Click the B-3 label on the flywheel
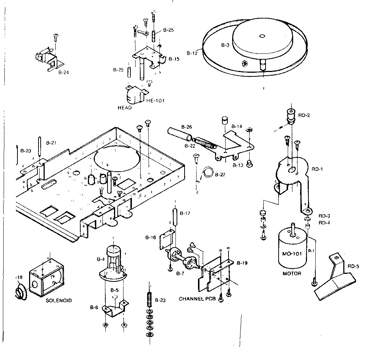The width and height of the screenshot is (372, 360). click(x=225, y=45)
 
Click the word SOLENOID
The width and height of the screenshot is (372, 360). click(x=59, y=301)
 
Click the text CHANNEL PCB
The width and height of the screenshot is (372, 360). click(x=197, y=299)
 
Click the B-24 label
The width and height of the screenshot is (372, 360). click(x=63, y=72)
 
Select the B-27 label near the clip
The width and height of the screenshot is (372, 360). click(x=220, y=175)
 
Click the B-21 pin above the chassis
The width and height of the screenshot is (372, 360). click(x=39, y=146)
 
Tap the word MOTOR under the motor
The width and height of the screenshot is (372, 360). click(x=292, y=273)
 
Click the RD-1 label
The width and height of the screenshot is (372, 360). click(x=318, y=169)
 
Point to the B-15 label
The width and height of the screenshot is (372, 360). click(x=174, y=59)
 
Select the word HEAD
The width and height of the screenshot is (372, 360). click(x=124, y=108)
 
